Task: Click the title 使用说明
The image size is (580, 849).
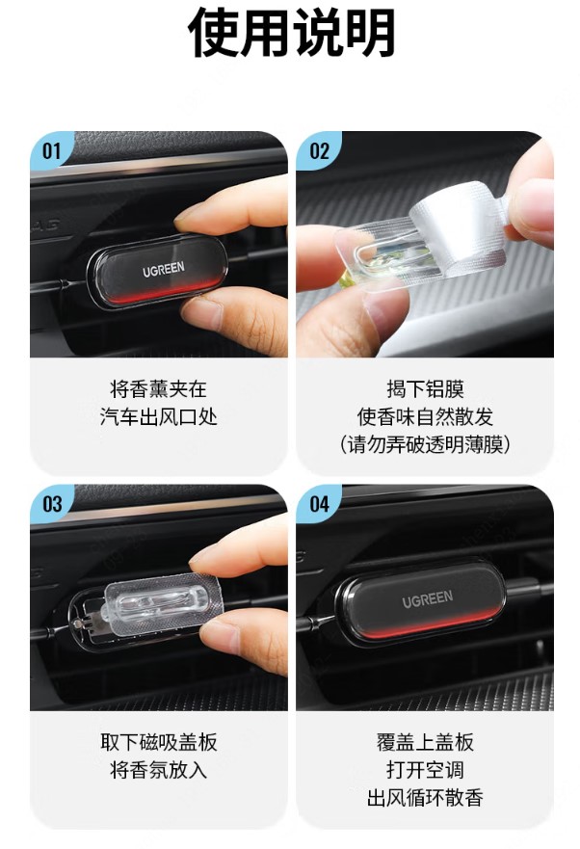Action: pos(291,33)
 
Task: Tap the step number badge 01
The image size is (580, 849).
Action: pos(51,150)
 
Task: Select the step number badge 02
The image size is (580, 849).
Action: pos(319,150)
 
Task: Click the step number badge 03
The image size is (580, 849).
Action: pos(52,504)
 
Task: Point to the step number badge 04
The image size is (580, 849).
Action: pos(319,504)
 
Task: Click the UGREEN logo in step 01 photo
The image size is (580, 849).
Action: pos(164,269)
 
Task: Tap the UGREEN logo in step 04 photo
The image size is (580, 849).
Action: pos(427,598)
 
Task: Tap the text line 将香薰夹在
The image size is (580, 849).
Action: pos(158,388)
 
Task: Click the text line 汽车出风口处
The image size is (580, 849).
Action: pos(158,417)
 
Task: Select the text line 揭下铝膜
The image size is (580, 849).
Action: pos(425,388)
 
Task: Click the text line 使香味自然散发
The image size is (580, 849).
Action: pos(425,417)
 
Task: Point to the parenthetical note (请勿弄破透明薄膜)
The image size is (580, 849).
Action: pos(425,445)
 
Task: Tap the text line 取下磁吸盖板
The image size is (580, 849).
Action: pos(158,742)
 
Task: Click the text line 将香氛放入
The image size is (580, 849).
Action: pos(158,770)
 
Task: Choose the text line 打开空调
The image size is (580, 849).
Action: pos(425,770)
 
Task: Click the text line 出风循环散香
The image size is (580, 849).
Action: pos(425,798)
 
